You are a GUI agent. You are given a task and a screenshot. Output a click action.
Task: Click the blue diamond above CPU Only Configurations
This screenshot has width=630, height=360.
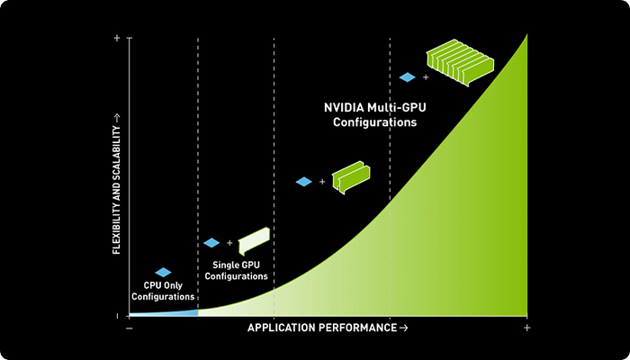click(163, 272)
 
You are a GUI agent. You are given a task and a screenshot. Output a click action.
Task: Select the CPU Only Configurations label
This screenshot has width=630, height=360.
click(163, 291)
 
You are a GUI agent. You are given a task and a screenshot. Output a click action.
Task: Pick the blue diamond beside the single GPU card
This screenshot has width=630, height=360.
click(211, 243)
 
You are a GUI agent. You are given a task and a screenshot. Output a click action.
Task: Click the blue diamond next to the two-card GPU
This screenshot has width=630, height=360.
click(303, 182)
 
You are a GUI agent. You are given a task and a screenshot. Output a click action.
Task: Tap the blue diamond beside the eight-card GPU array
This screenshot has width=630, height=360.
click(407, 77)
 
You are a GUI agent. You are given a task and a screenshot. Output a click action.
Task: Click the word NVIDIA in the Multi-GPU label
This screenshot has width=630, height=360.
click(346, 106)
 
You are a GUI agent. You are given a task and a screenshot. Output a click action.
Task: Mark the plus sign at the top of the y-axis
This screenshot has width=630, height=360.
click(117, 38)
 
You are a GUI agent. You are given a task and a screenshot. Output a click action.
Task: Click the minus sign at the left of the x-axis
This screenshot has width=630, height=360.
click(130, 328)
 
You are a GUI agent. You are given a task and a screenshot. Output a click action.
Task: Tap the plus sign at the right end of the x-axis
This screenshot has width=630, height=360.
click(527, 328)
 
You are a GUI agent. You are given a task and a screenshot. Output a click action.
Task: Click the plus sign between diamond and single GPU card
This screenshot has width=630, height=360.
click(229, 243)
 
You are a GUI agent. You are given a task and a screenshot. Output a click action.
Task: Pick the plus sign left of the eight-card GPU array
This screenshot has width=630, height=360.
click(425, 77)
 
